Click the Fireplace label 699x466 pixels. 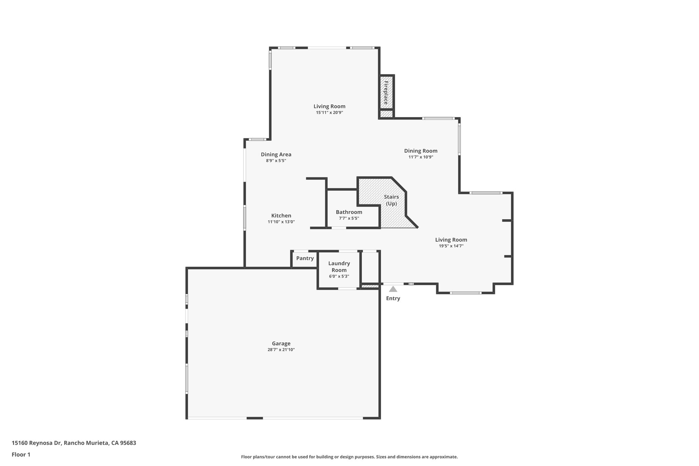pyautogui.click(x=386, y=93)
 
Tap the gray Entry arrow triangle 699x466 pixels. pyautogui.click(x=393, y=289)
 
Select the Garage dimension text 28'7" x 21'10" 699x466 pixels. pyautogui.click(x=281, y=350)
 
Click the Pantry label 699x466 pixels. pyautogui.click(x=305, y=258)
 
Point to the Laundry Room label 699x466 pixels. pyautogui.click(x=339, y=267)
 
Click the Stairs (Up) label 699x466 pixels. pyautogui.click(x=391, y=200)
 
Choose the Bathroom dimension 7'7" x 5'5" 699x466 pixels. pyautogui.click(x=349, y=218)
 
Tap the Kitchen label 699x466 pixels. pyautogui.click(x=281, y=215)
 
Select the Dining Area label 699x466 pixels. pyautogui.click(x=276, y=154)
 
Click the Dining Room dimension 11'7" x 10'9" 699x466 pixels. pyautogui.click(x=420, y=157)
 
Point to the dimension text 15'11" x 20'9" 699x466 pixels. pyautogui.click(x=329, y=112)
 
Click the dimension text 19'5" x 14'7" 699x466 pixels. pyautogui.click(x=451, y=246)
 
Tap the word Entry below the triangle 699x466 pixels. pyautogui.click(x=393, y=298)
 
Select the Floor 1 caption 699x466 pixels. pyautogui.click(x=21, y=454)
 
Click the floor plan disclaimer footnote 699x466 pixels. pyautogui.click(x=349, y=457)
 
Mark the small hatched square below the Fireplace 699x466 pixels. pyautogui.click(x=386, y=114)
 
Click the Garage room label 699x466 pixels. pyautogui.click(x=281, y=343)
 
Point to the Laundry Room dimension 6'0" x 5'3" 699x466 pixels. pyautogui.click(x=339, y=276)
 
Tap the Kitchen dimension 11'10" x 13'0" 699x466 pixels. pyautogui.click(x=281, y=222)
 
